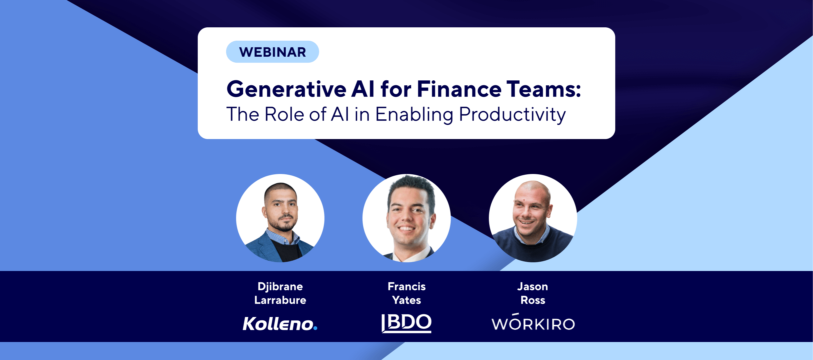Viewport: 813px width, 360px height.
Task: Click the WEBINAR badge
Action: (x=272, y=52)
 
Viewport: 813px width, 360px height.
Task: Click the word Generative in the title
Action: (x=286, y=89)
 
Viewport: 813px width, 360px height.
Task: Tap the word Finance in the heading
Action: (x=459, y=89)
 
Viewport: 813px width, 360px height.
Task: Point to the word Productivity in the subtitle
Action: (x=513, y=115)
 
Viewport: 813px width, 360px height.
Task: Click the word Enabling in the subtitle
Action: (x=415, y=115)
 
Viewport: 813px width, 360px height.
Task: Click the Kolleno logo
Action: (x=280, y=323)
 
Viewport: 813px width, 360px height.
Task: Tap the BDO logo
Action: (x=406, y=323)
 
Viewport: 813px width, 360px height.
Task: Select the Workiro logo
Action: (x=533, y=322)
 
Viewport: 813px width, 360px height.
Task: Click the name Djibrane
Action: (x=280, y=286)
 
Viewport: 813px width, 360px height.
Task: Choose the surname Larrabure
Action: (x=280, y=300)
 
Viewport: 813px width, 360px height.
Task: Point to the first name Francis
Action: (x=406, y=286)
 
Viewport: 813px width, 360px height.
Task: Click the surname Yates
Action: (x=406, y=300)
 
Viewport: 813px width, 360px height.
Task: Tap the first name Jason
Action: (x=533, y=286)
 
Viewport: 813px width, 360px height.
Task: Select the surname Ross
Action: (x=533, y=300)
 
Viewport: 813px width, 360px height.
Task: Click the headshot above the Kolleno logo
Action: (x=280, y=218)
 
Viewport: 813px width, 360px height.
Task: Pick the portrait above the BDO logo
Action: (x=406, y=218)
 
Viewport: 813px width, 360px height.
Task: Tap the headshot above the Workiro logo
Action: (x=533, y=218)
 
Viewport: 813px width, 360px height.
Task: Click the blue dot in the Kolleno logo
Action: (x=315, y=328)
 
